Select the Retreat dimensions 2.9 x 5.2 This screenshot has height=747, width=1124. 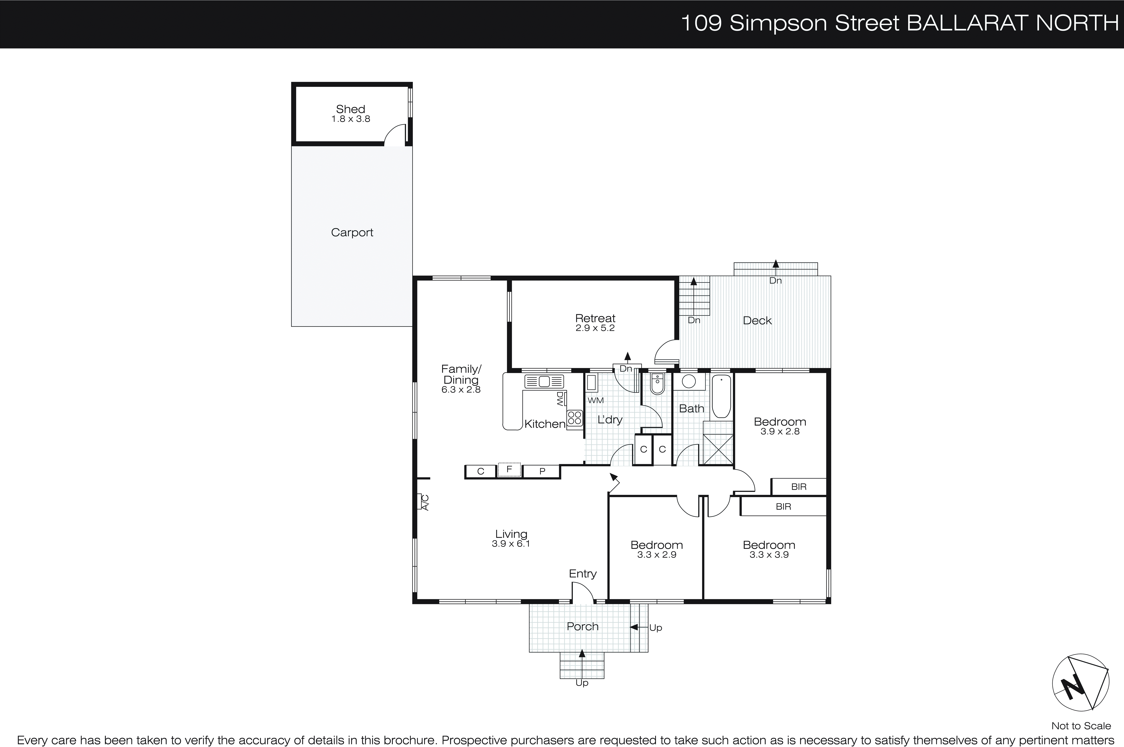click(x=595, y=328)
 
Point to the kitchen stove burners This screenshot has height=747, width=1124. click(x=575, y=418)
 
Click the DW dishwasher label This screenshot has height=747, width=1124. click(x=560, y=399)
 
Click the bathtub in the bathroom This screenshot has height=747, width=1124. click(x=721, y=396)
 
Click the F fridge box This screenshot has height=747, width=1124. click(x=509, y=470)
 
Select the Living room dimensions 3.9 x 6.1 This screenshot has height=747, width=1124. click(x=511, y=544)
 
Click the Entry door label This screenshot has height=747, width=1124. click(x=582, y=574)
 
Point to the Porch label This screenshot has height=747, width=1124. click(x=582, y=626)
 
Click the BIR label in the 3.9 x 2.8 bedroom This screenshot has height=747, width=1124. click(x=799, y=487)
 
